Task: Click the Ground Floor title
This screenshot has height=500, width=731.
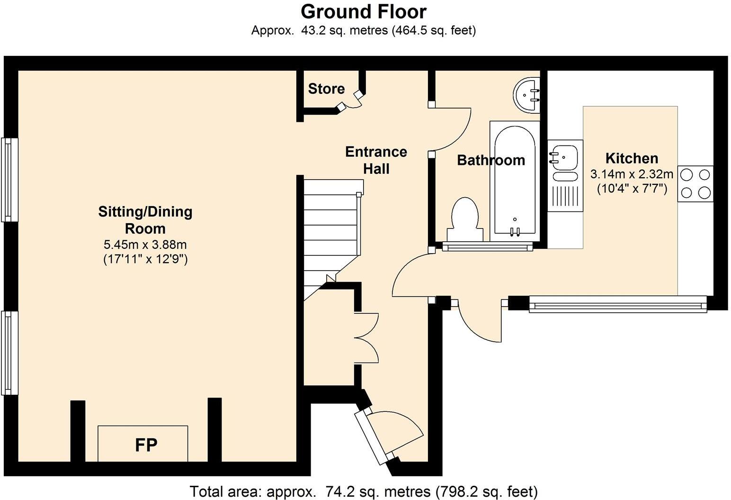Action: coord(364,11)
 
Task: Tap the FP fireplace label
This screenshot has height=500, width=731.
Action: coord(146,445)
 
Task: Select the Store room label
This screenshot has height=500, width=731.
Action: coord(326,89)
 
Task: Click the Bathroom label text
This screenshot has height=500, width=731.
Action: coord(490,160)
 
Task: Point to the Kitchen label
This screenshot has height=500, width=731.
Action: coord(632,158)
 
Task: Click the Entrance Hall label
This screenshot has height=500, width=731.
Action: coord(376,160)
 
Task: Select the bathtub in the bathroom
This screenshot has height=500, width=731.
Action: coord(515,180)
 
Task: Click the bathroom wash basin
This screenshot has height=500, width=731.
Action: coord(526,95)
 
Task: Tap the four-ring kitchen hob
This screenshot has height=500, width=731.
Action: coord(695,184)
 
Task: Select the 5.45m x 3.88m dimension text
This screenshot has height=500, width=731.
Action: coord(145,245)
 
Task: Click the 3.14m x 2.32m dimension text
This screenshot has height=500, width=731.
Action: coord(632,174)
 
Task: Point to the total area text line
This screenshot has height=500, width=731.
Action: coord(364,491)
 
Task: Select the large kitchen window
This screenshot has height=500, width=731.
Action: coord(617,304)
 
